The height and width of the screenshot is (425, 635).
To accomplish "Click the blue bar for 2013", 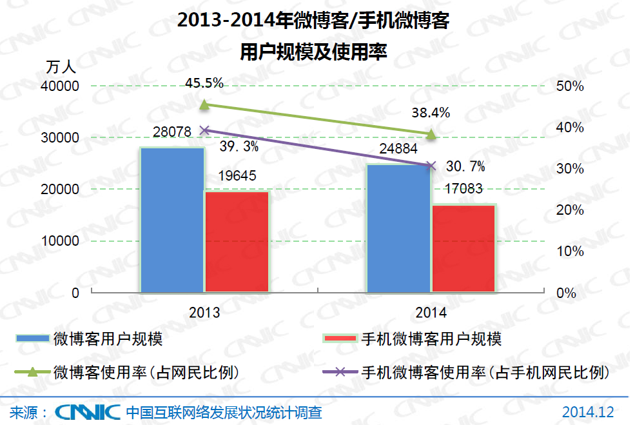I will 172,219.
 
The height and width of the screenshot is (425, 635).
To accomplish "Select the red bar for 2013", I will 237,242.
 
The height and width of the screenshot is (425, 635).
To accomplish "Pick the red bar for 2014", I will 463,248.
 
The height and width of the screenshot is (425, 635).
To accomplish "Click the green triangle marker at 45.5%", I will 204,104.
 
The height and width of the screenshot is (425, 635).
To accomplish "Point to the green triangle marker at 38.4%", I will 431,134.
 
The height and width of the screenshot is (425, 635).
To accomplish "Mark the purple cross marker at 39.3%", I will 205,130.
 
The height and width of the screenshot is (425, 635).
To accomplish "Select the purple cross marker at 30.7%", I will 431,166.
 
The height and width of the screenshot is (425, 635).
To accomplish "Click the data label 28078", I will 172,132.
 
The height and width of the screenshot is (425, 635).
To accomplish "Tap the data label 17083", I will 464,189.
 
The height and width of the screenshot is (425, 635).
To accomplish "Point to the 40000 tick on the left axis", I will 62,86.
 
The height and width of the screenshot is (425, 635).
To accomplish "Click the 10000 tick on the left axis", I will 62,241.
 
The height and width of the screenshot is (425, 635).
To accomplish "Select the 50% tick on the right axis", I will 570,86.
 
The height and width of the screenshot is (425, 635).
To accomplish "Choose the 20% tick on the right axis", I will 570,210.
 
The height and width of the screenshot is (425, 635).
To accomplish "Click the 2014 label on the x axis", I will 431,313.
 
